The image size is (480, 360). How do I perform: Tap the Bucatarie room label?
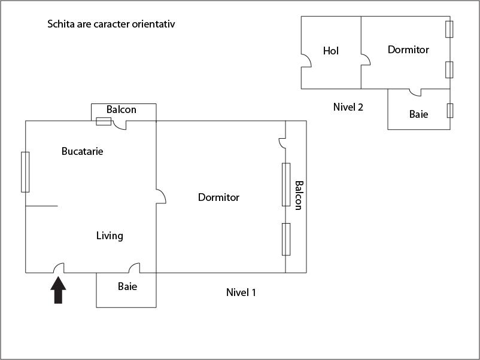(x=83, y=151)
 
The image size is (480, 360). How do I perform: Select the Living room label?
(x=110, y=236)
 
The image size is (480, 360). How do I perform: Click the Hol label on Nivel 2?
(x=331, y=51)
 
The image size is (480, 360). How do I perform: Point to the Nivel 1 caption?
(x=241, y=292)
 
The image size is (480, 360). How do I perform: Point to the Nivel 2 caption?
(x=348, y=108)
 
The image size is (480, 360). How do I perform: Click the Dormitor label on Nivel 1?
(x=218, y=197)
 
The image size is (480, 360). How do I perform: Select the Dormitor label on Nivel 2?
(x=408, y=50)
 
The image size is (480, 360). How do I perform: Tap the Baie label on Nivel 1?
(x=127, y=286)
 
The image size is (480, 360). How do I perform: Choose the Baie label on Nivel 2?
(x=419, y=114)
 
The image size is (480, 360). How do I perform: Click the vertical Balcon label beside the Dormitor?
(x=298, y=196)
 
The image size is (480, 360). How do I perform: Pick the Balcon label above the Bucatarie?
(x=121, y=109)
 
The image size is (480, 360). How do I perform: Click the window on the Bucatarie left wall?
(x=25, y=172)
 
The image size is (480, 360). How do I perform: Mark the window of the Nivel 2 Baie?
(x=450, y=110)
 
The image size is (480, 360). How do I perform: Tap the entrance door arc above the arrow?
(x=59, y=269)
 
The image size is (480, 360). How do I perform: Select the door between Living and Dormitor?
(x=160, y=196)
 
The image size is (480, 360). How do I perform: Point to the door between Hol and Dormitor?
(x=365, y=60)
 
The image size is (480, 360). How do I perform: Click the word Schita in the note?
(x=60, y=25)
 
